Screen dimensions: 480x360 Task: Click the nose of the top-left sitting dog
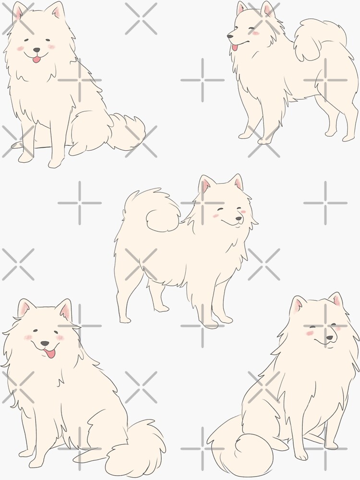point(36,49)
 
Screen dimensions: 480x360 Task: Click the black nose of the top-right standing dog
point(230,36)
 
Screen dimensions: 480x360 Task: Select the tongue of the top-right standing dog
point(235,47)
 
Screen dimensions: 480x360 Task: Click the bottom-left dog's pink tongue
point(49,354)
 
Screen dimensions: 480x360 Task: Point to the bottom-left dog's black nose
point(44,344)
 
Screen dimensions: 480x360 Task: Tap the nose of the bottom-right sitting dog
point(329,338)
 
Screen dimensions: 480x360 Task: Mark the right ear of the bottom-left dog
point(64,310)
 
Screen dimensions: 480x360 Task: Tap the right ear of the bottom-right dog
point(336,300)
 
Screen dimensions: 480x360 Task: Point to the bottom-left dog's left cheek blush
point(28,337)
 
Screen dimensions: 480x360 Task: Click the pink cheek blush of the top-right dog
point(256,33)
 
